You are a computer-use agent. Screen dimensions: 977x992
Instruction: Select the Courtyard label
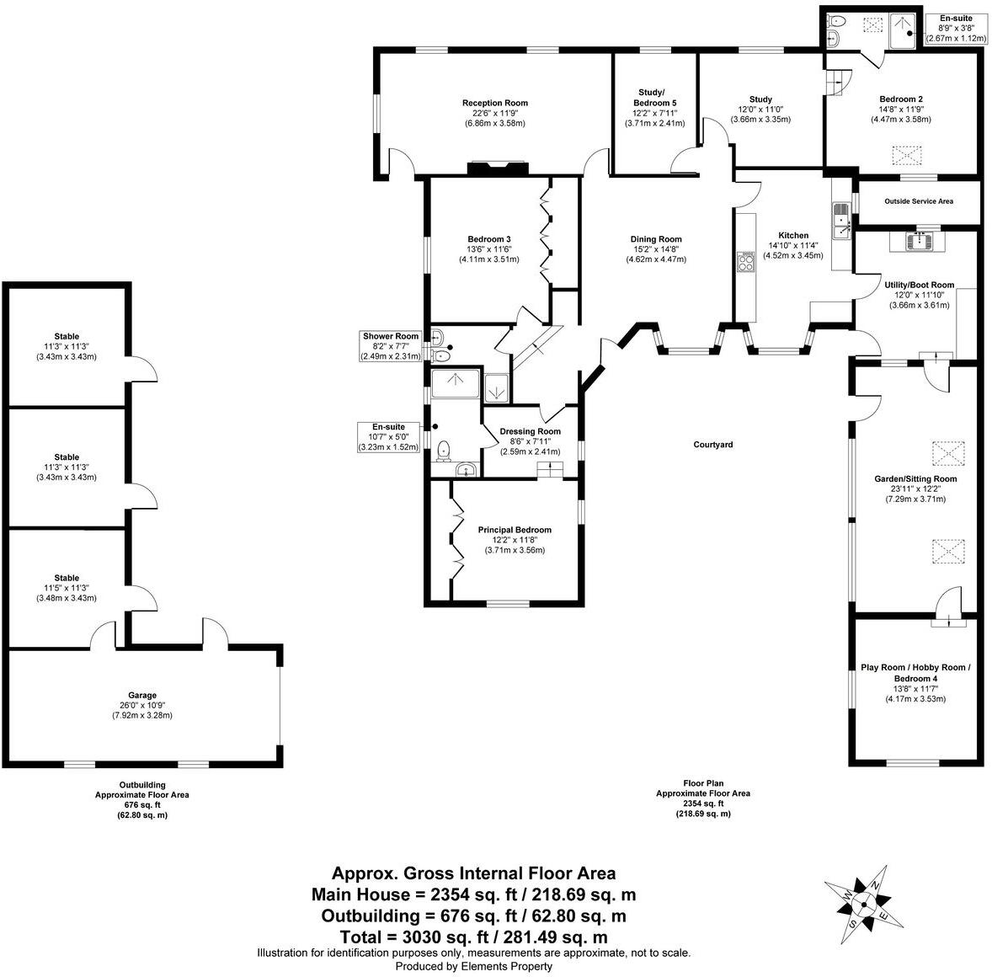712,444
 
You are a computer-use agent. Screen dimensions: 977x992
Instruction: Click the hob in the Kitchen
746,263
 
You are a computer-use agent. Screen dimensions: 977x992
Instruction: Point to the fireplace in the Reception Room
498,168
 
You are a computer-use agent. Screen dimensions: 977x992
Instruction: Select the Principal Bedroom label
515,530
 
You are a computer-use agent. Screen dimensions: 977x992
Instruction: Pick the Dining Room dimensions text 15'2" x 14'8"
656,249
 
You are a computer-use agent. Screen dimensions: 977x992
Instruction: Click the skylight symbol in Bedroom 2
906,155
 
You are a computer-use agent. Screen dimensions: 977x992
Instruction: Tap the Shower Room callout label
390,337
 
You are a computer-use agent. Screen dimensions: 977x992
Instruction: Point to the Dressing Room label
530,431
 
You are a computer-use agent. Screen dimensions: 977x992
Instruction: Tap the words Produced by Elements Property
473,967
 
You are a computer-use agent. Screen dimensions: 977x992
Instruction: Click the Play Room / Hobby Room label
915,668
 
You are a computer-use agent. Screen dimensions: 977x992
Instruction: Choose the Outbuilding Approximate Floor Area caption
141,794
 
